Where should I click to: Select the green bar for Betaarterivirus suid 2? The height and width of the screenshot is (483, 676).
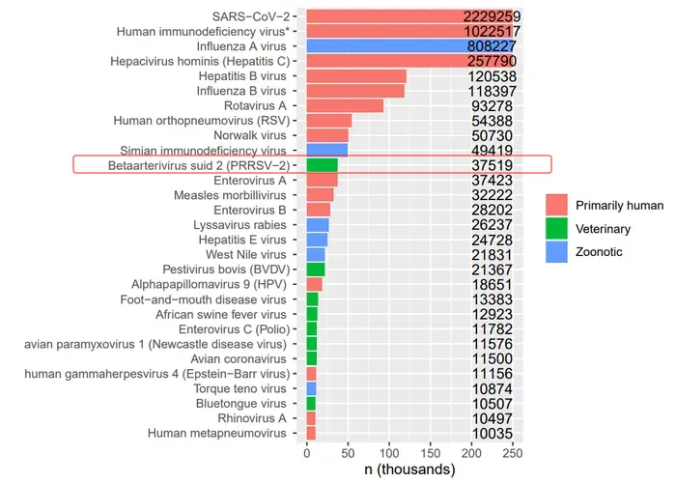[322, 165]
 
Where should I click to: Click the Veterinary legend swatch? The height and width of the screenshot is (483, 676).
[556, 229]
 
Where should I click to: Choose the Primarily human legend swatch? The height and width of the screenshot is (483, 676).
[556, 206]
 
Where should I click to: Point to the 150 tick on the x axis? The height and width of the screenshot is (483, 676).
[431, 451]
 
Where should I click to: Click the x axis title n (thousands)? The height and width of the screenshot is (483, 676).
[410, 469]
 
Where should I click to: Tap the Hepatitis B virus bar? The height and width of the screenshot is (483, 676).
[356, 75]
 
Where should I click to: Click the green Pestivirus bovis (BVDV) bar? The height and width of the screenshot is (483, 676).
[316, 270]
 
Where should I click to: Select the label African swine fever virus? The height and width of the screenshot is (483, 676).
[221, 314]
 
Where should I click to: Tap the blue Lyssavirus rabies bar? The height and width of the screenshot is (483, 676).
[317, 225]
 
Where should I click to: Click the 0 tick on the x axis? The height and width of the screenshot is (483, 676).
[307, 451]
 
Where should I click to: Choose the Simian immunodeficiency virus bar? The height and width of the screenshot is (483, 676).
[326, 150]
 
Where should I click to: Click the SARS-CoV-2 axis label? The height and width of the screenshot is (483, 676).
[249, 16]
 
